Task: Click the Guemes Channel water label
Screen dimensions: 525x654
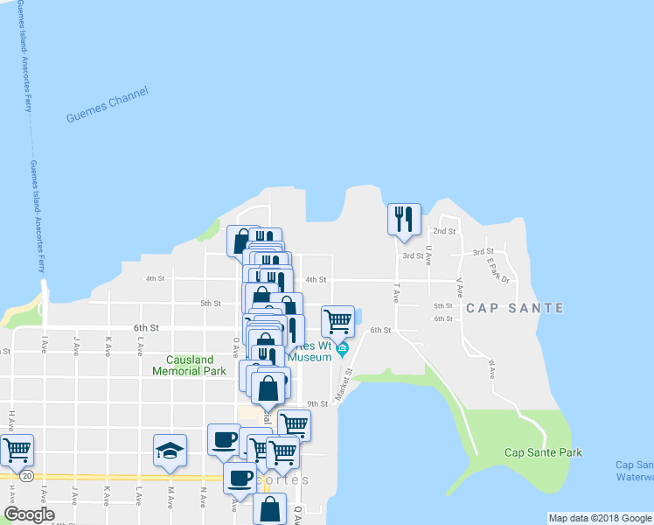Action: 108,104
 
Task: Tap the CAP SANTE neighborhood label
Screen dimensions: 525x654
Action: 514,308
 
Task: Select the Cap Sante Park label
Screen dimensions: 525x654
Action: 543,452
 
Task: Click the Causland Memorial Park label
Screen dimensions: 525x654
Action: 190,365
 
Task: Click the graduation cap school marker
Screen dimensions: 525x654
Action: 170,450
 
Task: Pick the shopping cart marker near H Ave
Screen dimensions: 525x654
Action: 17,450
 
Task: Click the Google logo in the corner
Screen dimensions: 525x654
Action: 29,514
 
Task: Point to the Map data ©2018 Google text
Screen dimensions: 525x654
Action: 600,518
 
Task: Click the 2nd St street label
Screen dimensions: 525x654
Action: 445,231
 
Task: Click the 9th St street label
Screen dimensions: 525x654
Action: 317,403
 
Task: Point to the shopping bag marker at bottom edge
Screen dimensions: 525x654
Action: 270,508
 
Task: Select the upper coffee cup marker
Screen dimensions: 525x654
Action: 224,439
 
